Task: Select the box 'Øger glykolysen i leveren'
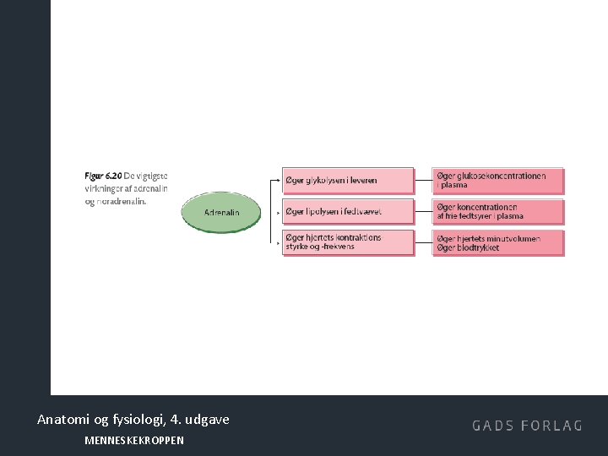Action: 348,181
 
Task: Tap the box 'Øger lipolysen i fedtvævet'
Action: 348,211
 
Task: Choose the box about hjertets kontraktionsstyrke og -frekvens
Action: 348,242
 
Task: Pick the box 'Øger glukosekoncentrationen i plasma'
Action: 498,181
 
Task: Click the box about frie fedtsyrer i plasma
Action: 498,211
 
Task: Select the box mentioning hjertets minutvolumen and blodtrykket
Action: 498,243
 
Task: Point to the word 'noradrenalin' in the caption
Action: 122,201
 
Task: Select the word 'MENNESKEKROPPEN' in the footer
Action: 134,440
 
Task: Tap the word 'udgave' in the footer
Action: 209,419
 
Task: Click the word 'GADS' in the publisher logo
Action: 494,426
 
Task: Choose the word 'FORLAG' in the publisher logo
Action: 552,426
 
